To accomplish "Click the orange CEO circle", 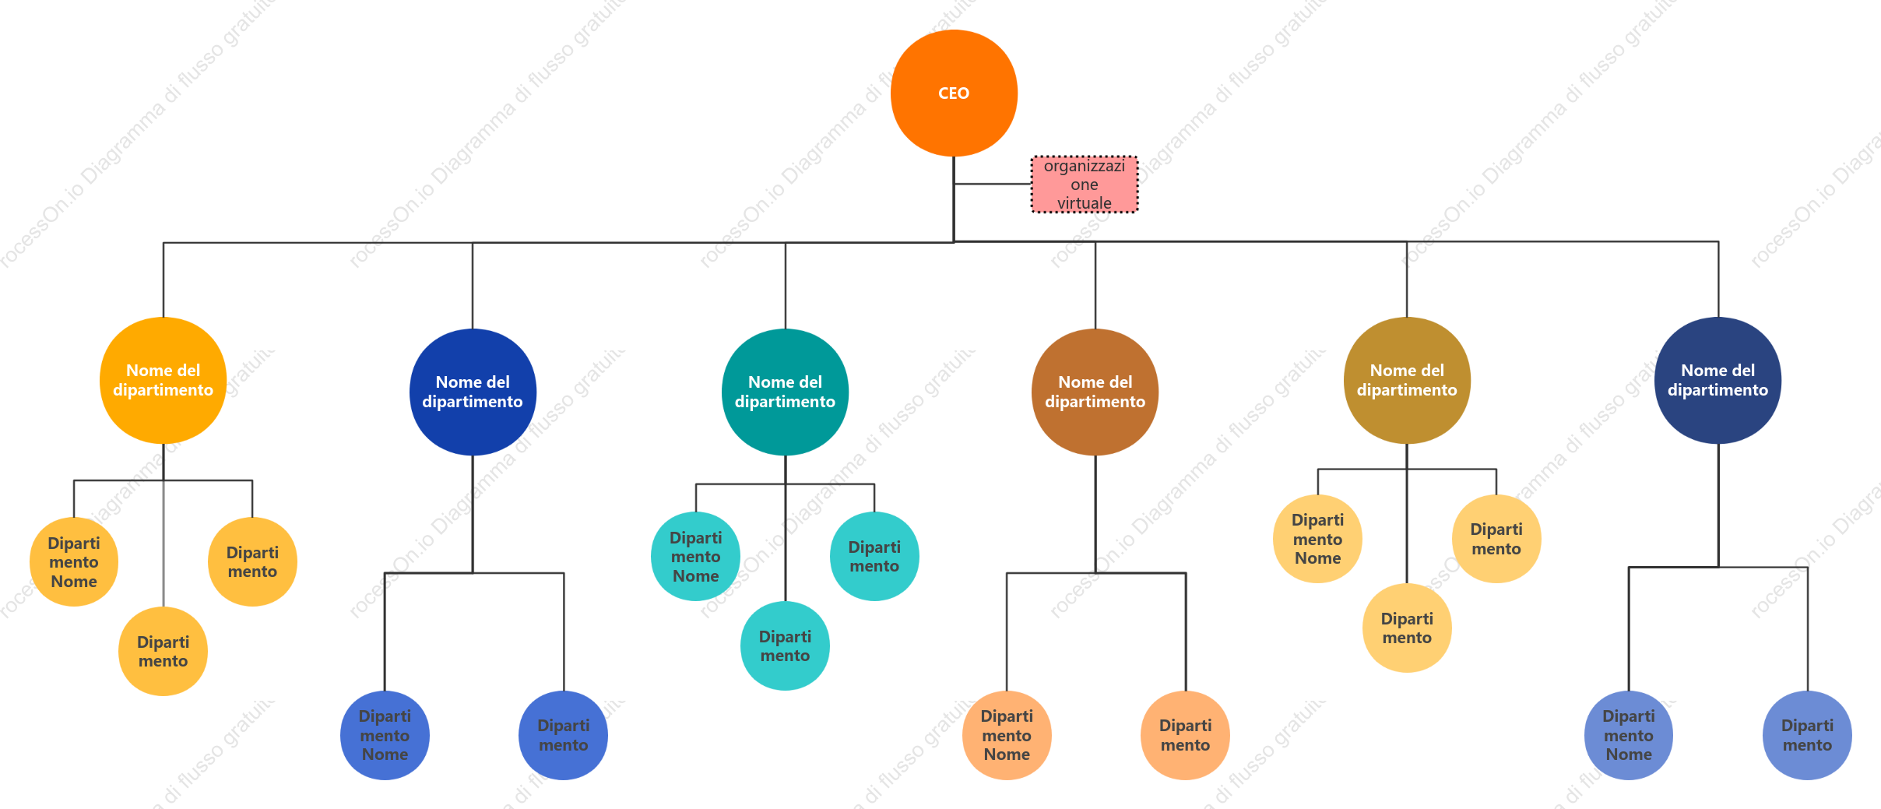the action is (954, 93).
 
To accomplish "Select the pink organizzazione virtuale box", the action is (1085, 185).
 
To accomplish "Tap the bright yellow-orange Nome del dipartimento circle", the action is (163, 380).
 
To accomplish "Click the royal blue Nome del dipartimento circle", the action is (473, 392).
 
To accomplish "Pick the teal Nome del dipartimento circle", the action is (785, 392).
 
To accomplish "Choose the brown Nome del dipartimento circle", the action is (1095, 392).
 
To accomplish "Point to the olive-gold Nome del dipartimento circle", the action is (1407, 380).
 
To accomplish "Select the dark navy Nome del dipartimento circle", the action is (1718, 380).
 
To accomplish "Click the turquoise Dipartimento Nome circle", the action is (696, 556).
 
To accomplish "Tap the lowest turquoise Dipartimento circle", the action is (785, 645).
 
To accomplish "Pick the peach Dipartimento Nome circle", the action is (1007, 735).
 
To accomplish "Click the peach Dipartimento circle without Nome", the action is (1185, 735).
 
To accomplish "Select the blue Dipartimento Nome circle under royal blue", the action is (385, 735).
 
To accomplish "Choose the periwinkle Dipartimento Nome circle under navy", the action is (1629, 735).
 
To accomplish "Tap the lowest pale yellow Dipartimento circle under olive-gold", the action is (1407, 628).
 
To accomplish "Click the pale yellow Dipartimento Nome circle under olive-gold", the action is (1317, 539).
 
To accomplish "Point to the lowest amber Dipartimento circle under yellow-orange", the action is (163, 651).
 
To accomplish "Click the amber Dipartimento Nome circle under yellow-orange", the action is (74, 561).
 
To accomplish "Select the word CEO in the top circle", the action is (954, 93).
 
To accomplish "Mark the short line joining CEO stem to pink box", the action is (993, 184).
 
